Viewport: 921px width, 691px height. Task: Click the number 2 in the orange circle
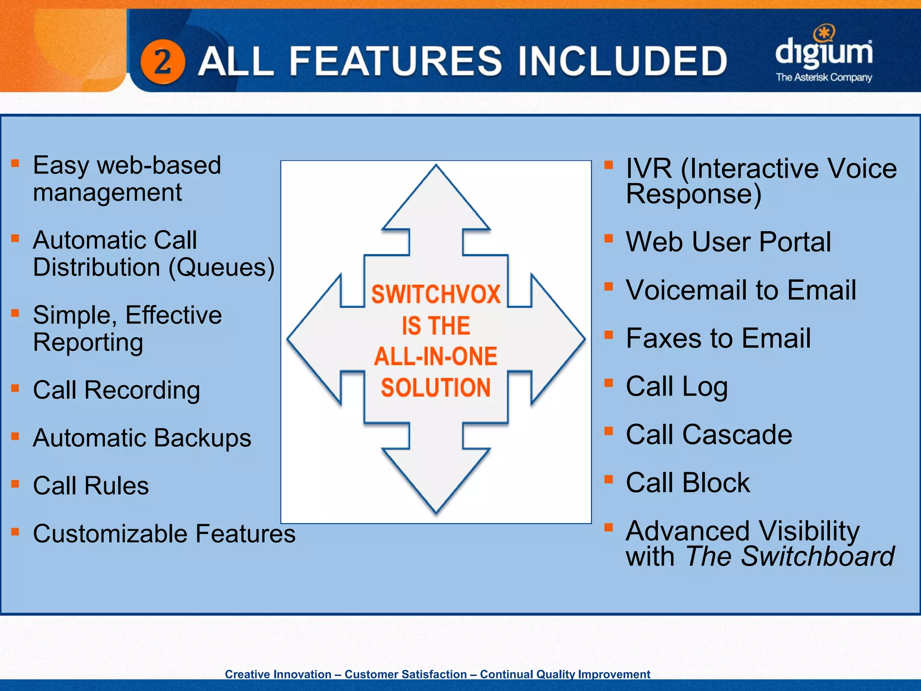[162, 62]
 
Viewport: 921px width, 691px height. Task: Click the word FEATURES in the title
[395, 61]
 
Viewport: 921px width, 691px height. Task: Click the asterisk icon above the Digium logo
[824, 32]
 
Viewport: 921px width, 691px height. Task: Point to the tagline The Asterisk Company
[824, 77]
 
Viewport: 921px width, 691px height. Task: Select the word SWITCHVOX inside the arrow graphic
[436, 295]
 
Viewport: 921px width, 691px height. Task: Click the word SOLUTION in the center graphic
[436, 388]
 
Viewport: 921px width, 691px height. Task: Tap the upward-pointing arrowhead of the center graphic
[436, 198]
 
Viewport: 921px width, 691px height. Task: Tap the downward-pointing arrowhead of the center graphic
[436, 479]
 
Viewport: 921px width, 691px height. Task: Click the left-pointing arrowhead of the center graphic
[315, 339]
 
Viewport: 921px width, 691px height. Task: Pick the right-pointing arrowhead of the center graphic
[558, 339]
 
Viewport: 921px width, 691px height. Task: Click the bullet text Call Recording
[116, 390]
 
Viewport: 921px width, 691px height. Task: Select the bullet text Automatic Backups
[142, 438]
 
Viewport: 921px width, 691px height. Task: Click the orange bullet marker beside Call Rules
[15, 484]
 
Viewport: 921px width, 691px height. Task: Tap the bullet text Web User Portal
[728, 242]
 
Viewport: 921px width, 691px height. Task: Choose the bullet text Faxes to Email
[718, 338]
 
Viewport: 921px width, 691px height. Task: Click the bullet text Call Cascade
[709, 435]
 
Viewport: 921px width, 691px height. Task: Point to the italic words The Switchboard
[790, 556]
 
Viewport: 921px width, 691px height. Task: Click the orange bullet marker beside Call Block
[608, 479]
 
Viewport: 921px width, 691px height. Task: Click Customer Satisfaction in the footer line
[406, 674]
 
